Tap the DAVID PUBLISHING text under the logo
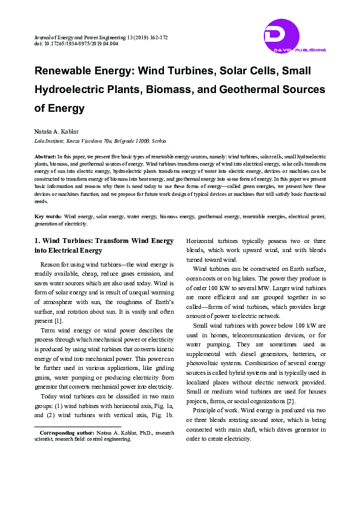(296, 50)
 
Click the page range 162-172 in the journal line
(155, 37)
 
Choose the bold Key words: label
(48, 216)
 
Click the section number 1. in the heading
(37, 241)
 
